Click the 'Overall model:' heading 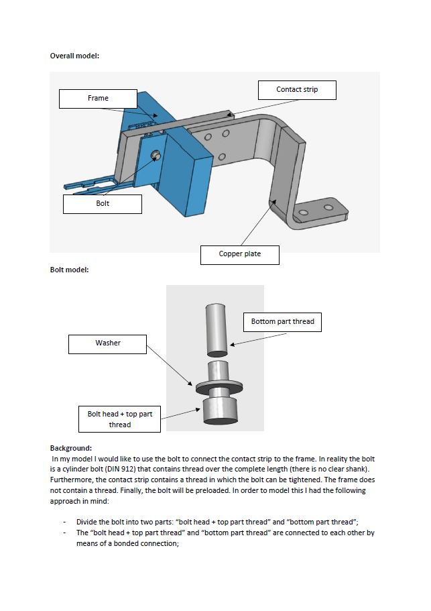coord(74,56)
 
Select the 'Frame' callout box coord(98,99)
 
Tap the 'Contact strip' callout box coord(297,90)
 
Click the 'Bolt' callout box coord(103,204)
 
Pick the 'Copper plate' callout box coord(239,255)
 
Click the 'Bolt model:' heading coord(69,270)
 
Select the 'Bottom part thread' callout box coord(282,322)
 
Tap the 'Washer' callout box coord(108,343)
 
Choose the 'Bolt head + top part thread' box coord(119,419)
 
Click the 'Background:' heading coord(71,448)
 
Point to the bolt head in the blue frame coord(156,155)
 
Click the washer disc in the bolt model coord(219,388)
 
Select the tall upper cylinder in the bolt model coord(218,329)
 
